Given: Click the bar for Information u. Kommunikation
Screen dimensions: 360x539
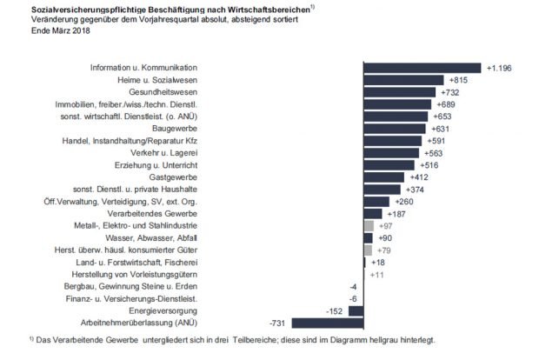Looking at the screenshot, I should (421, 67).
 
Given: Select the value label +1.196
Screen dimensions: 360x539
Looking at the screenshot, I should (502, 67).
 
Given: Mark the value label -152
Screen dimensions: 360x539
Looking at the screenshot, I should (333, 310).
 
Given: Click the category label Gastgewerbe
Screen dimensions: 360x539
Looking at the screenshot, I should (175, 177).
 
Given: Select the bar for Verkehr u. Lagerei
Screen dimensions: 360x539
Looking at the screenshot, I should (390, 152).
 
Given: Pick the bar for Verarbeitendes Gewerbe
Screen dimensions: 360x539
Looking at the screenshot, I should (372, 213).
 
